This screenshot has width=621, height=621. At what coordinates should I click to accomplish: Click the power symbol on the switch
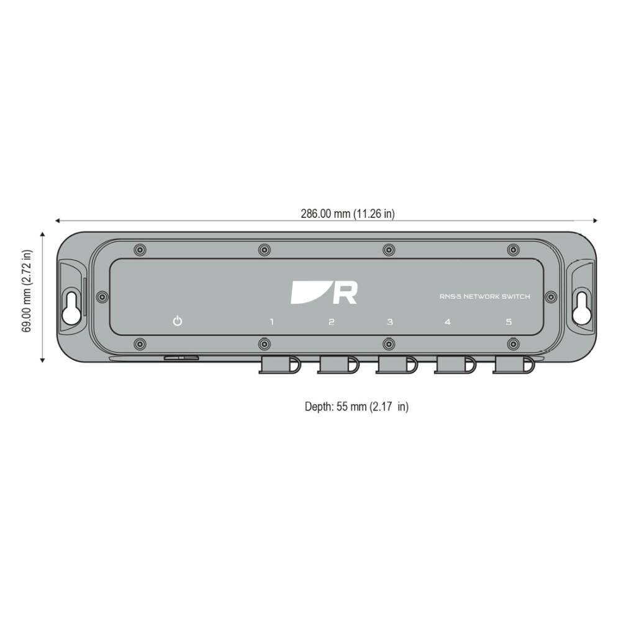click(x=178, y=322)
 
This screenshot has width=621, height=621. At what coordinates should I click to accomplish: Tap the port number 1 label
click(x=271, y=322)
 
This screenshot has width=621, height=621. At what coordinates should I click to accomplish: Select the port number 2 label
click(x=331, y=322)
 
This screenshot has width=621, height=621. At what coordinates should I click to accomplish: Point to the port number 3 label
click(x=390, y=322)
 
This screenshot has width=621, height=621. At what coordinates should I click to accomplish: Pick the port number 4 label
click(x=448, y=322)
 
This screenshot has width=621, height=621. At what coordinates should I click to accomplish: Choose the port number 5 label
click(x=509, y=322)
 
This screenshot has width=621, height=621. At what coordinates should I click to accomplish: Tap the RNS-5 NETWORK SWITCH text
click(x=485, y=297)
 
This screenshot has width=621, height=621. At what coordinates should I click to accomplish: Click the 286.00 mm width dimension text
click(x=348, y=214)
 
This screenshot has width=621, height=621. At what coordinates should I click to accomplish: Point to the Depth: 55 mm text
click(x=356, y=407)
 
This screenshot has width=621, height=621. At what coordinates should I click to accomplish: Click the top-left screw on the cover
click(x=140, y=250)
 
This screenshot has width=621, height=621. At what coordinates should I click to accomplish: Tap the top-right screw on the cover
click(x=512, y=250)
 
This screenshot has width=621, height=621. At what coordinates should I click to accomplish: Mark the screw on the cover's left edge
click(x=103, y=297)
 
